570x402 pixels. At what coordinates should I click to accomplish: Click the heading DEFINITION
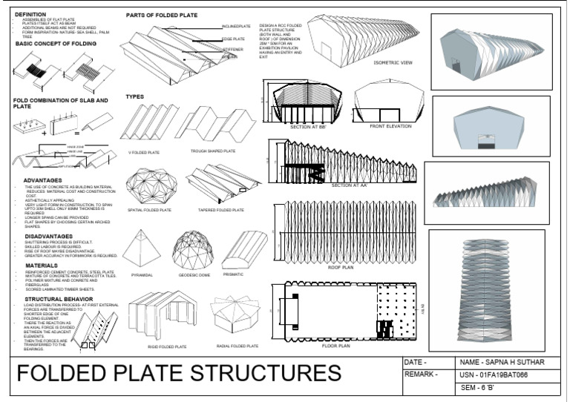tap(30, 14)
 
